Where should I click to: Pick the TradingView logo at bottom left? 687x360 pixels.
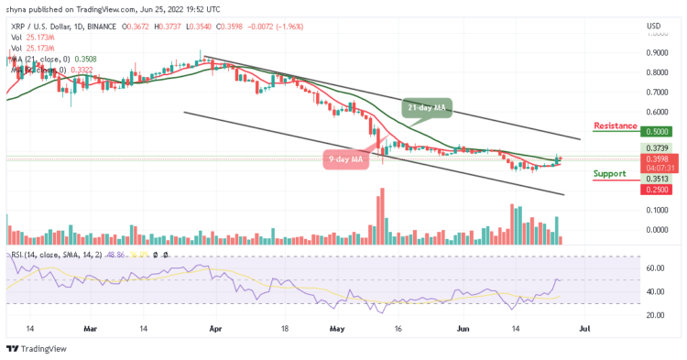point(34,349)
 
